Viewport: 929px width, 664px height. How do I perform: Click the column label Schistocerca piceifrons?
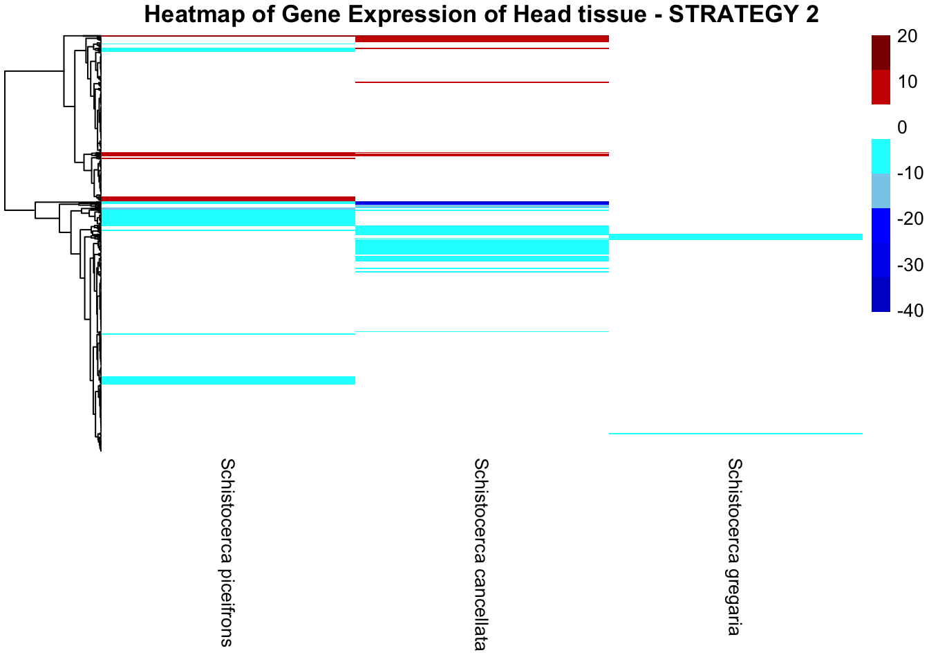point(226,551)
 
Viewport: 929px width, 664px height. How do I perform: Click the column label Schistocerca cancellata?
point(480,554)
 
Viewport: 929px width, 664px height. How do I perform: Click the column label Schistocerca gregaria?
point(734,546)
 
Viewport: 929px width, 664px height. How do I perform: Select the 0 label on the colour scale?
point(901,127)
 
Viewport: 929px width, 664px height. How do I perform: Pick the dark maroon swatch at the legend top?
point(881,53)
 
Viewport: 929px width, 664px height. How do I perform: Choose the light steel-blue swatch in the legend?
point(881,191)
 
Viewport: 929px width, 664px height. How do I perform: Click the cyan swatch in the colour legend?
point(881,156)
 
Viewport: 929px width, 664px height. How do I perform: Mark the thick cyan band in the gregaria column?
point(735,237)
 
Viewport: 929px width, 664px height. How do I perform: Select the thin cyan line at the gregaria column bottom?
point(735,434)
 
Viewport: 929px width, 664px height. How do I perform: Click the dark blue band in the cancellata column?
point(482,203)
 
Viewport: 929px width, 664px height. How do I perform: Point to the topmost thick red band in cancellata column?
point(482,39)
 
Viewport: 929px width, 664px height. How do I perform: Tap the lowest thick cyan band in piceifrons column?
point(228,380)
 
